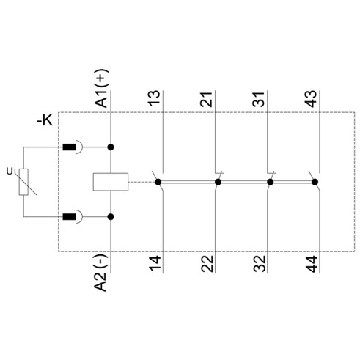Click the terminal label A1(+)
point(101,88)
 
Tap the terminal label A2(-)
point(100,273)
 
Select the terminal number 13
point(154,98)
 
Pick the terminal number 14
point(155,263)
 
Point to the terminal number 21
point(206,99)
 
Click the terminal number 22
point(207,264)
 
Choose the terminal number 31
point(259,99)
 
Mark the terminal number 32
point(260,264)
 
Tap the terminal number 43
point(311,99)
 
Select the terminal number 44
point(312,264)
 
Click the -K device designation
point(45,120)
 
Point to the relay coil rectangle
point(111,182)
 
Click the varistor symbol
point(23,182)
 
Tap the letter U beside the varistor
point(10,172)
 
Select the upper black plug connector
point(70,147)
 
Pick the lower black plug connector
point(70,216)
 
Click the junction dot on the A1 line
point(111,147)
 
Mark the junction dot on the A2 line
point(111,217)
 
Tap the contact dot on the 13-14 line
point(158,182)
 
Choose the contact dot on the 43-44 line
point(315,182)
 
